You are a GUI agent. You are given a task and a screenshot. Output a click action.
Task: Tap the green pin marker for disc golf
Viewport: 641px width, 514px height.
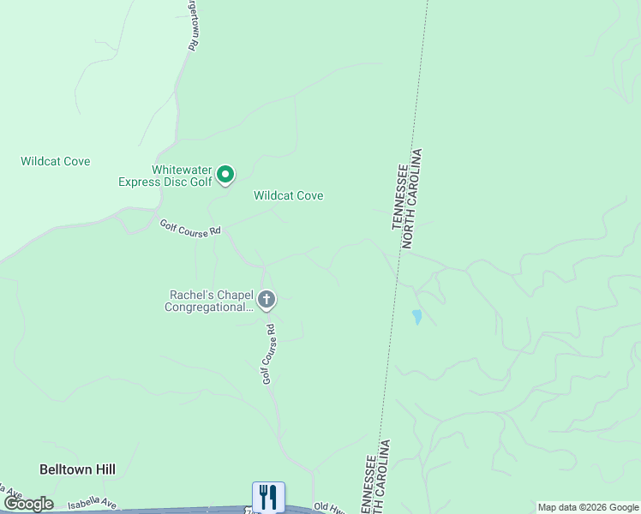pyautogui.click(x=225, y=175)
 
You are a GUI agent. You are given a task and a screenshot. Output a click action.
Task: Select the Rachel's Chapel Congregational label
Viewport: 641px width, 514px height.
pyautogui.click(x=210, y=301)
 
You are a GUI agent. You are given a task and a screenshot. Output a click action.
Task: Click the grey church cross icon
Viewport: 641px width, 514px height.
pyautogui.click(x=267, y=300)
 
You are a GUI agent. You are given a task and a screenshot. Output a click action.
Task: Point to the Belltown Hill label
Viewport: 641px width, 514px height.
pyautogui.click(x=77, y=469)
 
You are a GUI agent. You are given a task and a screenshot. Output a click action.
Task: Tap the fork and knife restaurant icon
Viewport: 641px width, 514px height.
pyautogui.click(x=268, y=496)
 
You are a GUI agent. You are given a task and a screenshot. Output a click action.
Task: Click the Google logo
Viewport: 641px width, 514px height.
pyautogui.click(x=27, y=504)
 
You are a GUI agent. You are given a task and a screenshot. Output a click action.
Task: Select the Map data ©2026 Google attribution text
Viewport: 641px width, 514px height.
pyautogui.click(x=588, y=507)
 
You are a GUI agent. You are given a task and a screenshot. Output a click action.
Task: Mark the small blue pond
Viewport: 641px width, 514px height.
pyautogui.click(x=416, y=317)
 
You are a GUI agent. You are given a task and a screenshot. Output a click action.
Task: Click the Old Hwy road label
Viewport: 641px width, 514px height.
pyautogui.click(x=329, y=507)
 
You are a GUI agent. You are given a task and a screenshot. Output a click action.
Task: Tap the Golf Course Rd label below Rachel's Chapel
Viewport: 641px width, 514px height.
pyautogui.click(x=268, y=353)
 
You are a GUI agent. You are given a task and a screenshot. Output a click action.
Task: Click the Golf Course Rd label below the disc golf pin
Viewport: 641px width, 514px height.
pyautogui.click(x=190, y=228)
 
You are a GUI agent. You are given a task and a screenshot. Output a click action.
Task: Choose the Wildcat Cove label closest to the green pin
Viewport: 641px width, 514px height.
pyautogui.click(x=288, y=195)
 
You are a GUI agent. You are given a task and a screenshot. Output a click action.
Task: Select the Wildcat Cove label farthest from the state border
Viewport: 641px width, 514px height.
pyautogui.click(x=55, y=161)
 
